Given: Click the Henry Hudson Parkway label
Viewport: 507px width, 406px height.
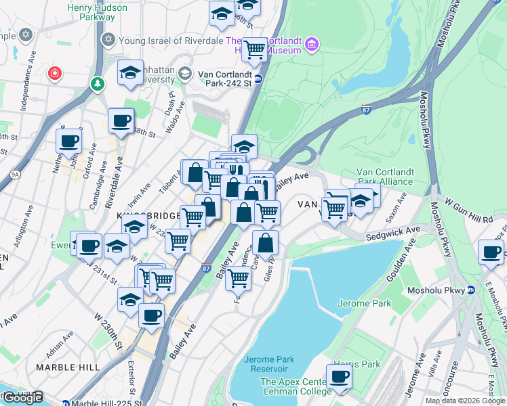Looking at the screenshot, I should [97, 13].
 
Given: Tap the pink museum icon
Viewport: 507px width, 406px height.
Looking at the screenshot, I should [312, 45].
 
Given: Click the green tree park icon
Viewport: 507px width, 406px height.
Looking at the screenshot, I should [98, 83].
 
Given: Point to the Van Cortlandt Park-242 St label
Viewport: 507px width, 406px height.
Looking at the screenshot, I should [224, 78].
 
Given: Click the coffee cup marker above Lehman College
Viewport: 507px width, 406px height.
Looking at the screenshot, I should [339, 377].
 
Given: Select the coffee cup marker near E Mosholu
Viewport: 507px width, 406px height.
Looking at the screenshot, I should [491, 252].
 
